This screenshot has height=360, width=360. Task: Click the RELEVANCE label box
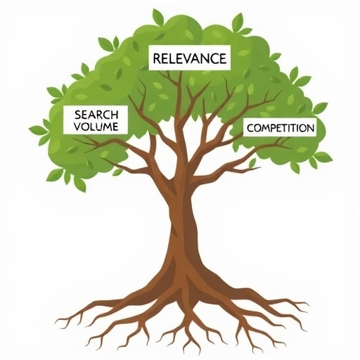pos(190,58)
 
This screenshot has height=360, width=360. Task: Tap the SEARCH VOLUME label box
pos(96,120)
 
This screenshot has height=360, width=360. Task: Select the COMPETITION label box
pos(280,127)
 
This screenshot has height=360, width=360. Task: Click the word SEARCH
pos(96,115)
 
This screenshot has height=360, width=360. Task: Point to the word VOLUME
pos(96,127)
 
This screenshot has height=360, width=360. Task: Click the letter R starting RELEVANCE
pos(157,58)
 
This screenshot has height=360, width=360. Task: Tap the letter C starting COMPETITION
pos(250,128)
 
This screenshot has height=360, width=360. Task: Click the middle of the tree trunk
pos(183,225)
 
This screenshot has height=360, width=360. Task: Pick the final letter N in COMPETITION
pos(310,128)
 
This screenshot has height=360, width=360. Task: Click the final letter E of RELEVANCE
pos(223,58)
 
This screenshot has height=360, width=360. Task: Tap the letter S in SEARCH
pos(78,115)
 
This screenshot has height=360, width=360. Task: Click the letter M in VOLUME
pos(107,127)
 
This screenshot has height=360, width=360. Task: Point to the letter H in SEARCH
pos(115,115)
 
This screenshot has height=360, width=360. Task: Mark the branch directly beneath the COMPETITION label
pos(269,146)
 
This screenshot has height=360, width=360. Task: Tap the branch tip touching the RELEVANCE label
pos(181,72)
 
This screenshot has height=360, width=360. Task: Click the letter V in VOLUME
pos(77,127)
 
